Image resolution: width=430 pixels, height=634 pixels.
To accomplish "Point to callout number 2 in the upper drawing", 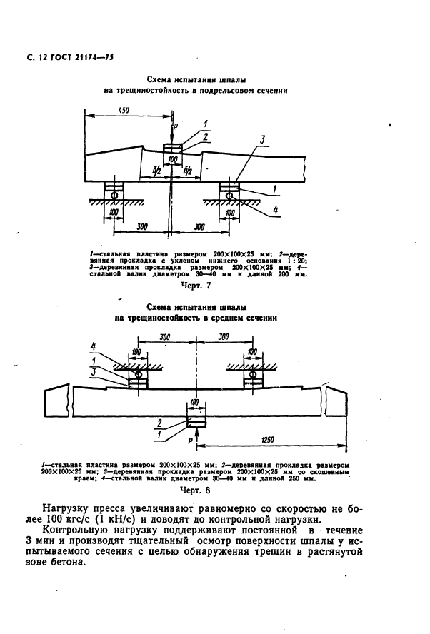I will click(x=205, y=135).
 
